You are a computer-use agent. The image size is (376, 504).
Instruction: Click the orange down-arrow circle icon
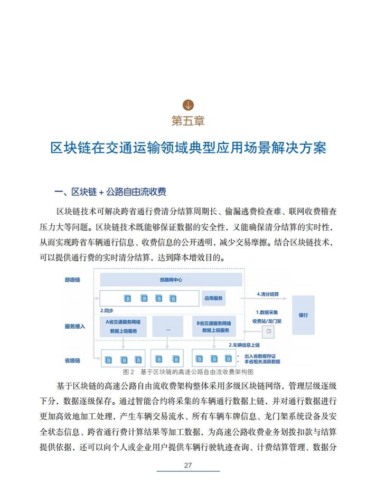(x=188, y=104)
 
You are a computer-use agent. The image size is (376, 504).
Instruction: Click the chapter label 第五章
(x=188, y=120)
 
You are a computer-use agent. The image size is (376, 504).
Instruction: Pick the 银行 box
(x=303, y=315)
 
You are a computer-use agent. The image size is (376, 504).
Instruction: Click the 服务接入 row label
(x=74, y=326)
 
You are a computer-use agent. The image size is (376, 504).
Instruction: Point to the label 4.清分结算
(x=268, y=293)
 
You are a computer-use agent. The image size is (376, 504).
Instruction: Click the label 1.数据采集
(x=267, y=312)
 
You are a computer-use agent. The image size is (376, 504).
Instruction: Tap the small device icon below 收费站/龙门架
(x=268, y=332)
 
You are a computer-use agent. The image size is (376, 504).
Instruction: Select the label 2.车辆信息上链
(x=247, y=345)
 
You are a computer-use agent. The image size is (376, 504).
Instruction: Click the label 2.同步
(x=108, y=311)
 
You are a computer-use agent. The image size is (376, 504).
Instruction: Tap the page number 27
(x=188, y=465)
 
